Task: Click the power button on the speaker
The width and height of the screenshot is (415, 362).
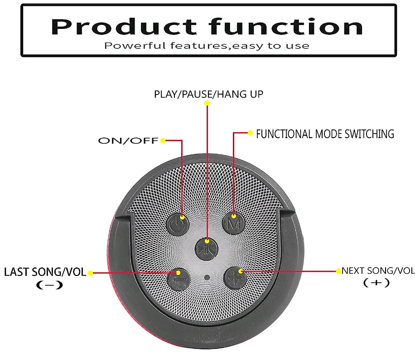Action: (178, 224)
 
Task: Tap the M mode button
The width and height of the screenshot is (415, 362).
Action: (233, 224)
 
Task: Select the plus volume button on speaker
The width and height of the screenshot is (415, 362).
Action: (235, 278)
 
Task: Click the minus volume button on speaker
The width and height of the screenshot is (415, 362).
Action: (179, 280)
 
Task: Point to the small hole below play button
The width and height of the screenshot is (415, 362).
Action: (207, 277)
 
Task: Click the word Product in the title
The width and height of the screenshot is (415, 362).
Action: (124, 27)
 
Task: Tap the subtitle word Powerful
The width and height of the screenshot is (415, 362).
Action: (135, 46)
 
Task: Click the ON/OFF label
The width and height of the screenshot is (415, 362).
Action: (128, 141)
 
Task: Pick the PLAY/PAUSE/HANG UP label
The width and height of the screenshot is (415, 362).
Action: (208, 94)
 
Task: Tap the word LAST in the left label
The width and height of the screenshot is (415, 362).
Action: (16, 272)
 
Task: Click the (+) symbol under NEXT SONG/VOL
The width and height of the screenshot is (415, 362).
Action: (376, 283)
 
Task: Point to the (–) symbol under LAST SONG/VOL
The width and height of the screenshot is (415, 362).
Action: (49, 285)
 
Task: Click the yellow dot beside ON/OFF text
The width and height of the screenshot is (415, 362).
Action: (163, 141)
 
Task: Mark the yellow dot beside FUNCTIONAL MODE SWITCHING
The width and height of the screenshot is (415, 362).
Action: (250, 133)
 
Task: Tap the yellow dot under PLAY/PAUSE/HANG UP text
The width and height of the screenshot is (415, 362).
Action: (207, 103)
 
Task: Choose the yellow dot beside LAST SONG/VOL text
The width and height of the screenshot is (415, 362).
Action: (90, 273)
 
